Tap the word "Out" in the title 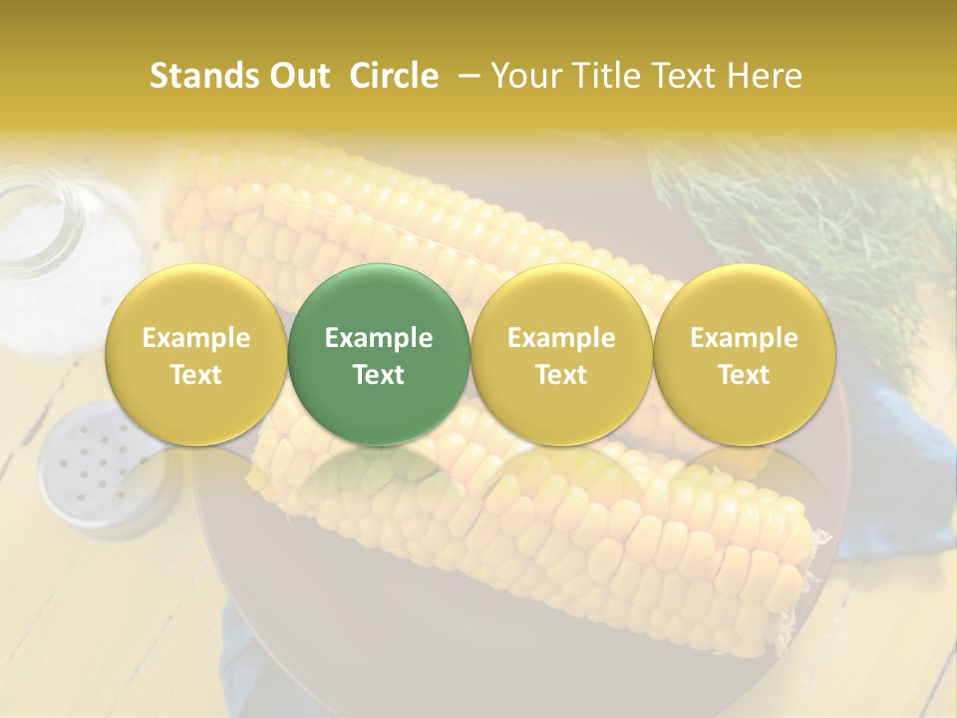click(x=290, y=76)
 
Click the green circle click(x=379, y=355)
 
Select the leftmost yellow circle click(x=195, y=355)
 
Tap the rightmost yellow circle click(x=744, y=355)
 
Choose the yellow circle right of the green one click(x=561, y=355)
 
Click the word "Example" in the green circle click(x=379, y=338)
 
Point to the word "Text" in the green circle click(x=379, y=375)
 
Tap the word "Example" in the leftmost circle click(x=195, y=338)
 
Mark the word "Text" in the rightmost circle click(x=744, y=375)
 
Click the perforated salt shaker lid click(x=95, y=459)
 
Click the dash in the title click(x=465, y=76)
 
